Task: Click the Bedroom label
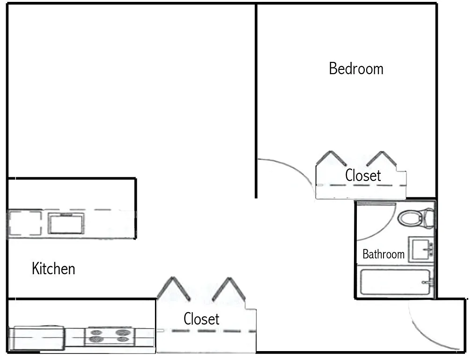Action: point(356,69)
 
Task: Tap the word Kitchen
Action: point(53,269)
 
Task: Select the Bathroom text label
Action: point(383,255)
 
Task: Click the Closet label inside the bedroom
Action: point(363,176)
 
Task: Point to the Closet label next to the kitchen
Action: point(201,319)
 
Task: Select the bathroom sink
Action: point(420,249)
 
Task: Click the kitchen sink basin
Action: point(66,223)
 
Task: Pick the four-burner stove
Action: point(110,336)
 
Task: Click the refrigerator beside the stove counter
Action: point(37,338)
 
